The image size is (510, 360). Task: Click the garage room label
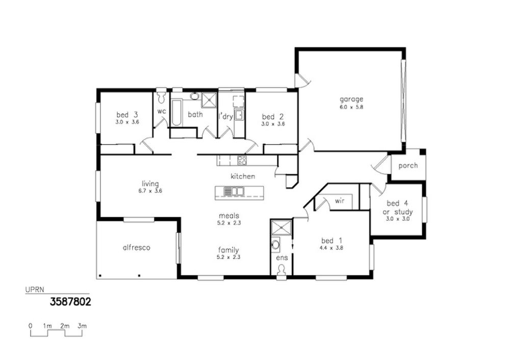click(351, 99)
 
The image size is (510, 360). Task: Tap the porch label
click(408, 166)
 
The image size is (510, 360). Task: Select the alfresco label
click(137, 247)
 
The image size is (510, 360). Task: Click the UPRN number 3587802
click(70, 302)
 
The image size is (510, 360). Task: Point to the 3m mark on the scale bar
click(82, 326)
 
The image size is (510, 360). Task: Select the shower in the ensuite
click(282, 227)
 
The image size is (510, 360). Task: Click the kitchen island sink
click(234, 191)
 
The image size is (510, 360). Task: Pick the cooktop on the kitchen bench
click(242, 160)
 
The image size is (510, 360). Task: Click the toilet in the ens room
click(282, 270)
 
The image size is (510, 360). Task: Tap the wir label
click(340, 201)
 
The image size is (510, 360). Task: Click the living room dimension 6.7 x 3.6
click(150, 191)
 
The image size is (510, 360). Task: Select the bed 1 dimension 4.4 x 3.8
click(331, 248)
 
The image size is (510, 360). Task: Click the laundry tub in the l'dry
click(239, 115)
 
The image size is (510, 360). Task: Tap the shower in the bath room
click(209, 100)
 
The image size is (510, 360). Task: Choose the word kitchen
click(243, 176)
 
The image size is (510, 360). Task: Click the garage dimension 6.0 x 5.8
click(351, 107)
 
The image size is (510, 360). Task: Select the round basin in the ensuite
click(276, 244)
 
